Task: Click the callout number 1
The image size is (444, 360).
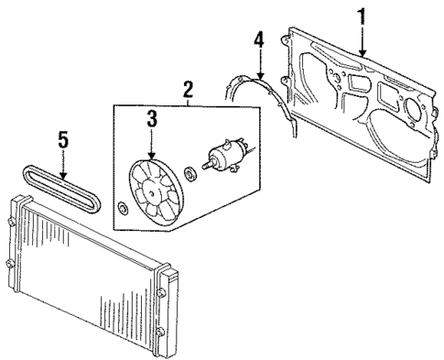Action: (362, 16)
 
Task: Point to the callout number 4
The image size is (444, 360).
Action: (259, 41)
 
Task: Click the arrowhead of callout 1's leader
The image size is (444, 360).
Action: (363, 58)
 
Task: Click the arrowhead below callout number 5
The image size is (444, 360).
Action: (63, 178)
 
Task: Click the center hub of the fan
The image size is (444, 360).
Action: (151, 188)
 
